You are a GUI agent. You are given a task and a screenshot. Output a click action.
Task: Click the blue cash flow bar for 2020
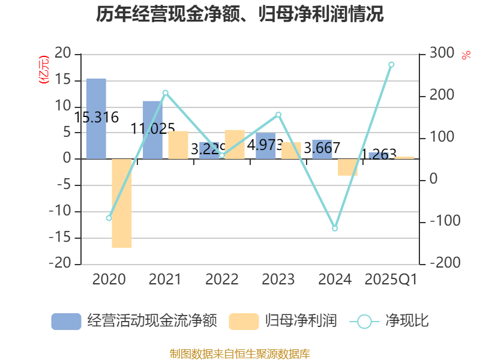tap(96, 118)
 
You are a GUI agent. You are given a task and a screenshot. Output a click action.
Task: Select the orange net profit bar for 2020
tap(122, 203)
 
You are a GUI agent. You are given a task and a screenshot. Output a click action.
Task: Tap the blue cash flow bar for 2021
tap(152, 130)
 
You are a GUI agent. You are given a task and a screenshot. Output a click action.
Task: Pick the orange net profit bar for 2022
tap(234, 144)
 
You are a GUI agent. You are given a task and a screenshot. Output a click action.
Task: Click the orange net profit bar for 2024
tap(347, 167)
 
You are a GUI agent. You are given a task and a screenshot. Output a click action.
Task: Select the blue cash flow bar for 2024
tap(322, 149)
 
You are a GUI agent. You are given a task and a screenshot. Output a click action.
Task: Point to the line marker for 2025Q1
tap(391, 64)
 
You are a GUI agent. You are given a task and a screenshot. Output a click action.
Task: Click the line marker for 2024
tap(335, 229)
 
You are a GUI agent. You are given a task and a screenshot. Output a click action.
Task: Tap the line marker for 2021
tap(165, 92)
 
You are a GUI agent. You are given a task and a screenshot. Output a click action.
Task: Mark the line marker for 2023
tap(278, 114)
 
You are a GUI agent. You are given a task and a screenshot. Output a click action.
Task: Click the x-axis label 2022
tap(221, 280)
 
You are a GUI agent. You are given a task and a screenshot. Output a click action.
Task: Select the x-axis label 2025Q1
tap(391, 280)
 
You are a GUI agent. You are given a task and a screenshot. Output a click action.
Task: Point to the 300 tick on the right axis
tap(442, 54)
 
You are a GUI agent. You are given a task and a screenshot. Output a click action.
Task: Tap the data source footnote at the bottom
tap(240, 353)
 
